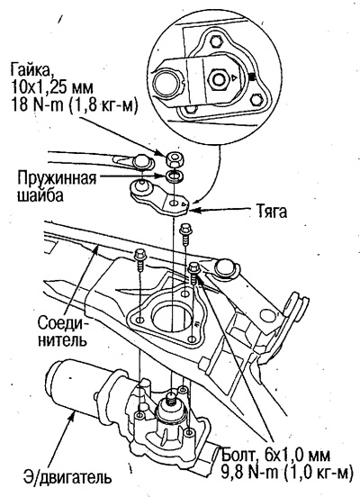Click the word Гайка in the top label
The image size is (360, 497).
[31, 69]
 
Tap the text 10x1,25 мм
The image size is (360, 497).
[51, 87]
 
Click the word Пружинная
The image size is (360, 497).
[57, 178]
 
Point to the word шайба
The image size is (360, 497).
[40, 195]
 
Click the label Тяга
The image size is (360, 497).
[271, 212]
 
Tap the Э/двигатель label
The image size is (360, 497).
[67, 477]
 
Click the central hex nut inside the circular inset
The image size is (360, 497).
[219, 78]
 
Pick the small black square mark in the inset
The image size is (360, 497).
[253, 77]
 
